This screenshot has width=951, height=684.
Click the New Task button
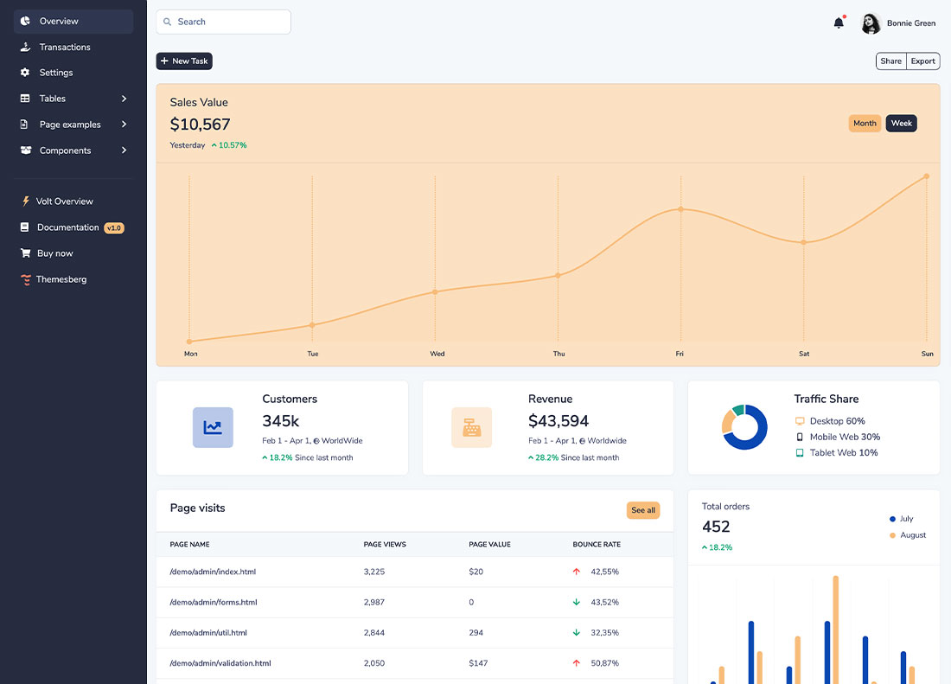pyautogui.click(x=184, y=61)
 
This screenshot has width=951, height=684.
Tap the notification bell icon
pyautogui.click(x=839, y=23)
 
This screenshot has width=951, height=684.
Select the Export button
pyautogui.click(x=923, y=61)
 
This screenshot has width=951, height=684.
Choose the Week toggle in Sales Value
pyautogui.click(x=901, y=124)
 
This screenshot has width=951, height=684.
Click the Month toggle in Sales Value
pyautogui.click(x=865, y=124)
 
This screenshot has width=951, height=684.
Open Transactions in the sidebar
pyautogui.click(x=65, y=47)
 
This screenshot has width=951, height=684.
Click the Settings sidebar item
pyautogui.click(x=56, y=73)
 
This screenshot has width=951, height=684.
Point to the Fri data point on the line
pyautogui.click(x=680, y=209)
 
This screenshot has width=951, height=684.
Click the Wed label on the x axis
pyautogui.click(x=437, y=354)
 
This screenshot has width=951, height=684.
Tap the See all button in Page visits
pyautogui.click(x=643, y=510)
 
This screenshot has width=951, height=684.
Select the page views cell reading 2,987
pyautogui.click(x=374, y=602)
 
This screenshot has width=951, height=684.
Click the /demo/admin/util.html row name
pyautogui.click(x=208, y=633)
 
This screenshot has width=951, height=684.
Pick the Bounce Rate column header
pyautogui.click(x=597, y=545)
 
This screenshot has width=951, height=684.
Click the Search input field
pyautogui.click(x=224, y=22)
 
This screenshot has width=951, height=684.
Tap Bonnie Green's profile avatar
pyautogui.click(x=871, y=23)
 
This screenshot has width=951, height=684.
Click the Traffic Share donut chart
pyautogui.click(x=744, y=427)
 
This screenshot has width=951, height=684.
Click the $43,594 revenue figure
pyautogui.click(x=558, y=421)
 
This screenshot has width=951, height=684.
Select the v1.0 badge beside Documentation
pyautogui.click(x=114, y=228)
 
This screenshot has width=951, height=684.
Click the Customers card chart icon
pyautogui.click(x=213, y=427)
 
